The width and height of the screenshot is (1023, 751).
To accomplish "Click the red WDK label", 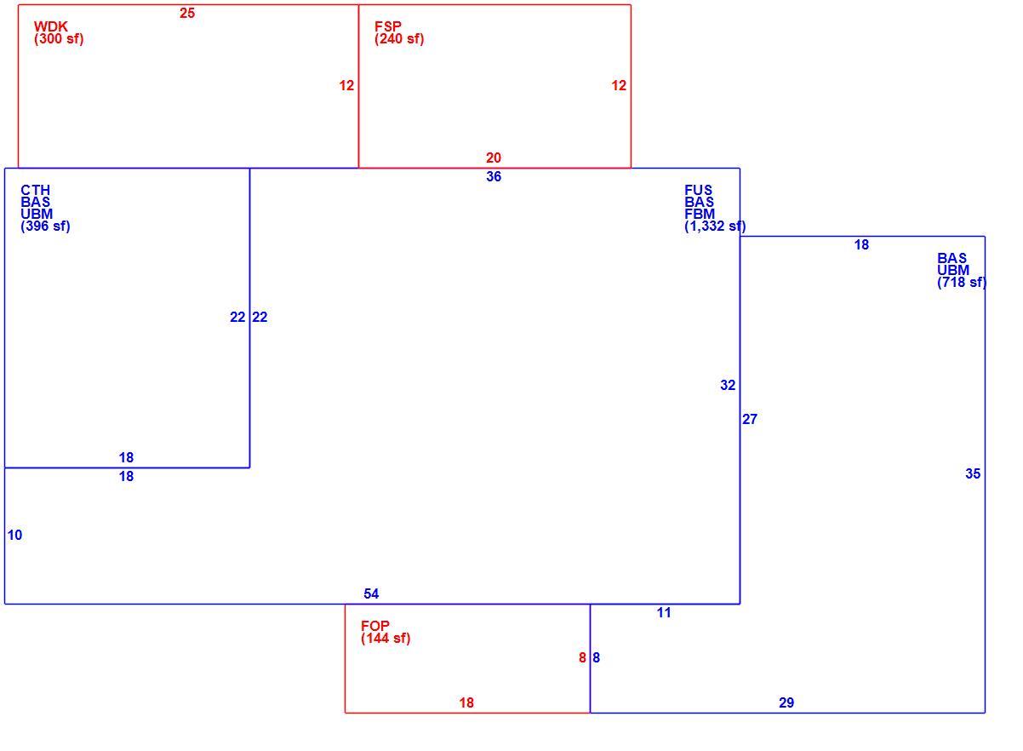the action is [x=51, y=26].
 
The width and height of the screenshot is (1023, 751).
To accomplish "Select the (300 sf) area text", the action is [x=59, y=39].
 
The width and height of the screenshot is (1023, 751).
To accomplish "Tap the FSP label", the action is [x=388, y=26].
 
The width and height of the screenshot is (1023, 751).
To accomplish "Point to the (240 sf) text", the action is [x=399, y=39].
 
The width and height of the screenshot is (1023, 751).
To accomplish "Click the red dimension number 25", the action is [x=187, y=14].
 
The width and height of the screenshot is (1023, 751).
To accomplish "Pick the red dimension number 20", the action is [x=494, y=158].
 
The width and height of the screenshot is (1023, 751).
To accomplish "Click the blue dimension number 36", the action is [x=494, y=177].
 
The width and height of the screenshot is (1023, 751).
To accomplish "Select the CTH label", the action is [x=35, y=190].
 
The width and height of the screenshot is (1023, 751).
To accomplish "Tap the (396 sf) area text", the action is [x=45, y=226].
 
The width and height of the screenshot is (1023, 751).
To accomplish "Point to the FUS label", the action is [x=698, y=190].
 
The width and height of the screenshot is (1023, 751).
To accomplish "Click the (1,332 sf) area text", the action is [x=715, y=226].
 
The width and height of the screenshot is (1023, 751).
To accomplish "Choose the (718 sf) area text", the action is [x=962, y=283].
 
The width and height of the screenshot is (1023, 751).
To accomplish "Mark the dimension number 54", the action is [x=371, y=593].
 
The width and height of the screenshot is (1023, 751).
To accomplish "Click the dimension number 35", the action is [x=973, y=473].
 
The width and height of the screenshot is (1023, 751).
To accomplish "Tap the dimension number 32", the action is [x=728, y=385].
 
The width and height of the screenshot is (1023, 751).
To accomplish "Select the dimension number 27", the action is [x=750, y=420].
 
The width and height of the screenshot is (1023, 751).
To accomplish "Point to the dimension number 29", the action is [x=786, y=702].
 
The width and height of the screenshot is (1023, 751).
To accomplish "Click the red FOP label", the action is [x=375, y=626].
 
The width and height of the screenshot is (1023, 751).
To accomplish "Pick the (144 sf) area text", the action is [x=386, y=638].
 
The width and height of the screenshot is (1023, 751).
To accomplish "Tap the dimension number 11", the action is [x=664, y=612].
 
